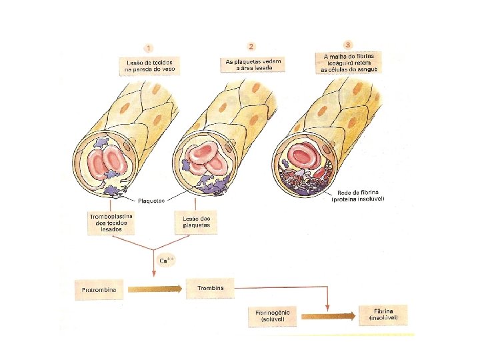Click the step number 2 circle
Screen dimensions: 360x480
(251, 46)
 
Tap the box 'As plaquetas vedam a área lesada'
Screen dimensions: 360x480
(253, 64)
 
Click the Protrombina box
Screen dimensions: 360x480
(100, 290)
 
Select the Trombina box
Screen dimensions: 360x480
(210, 288)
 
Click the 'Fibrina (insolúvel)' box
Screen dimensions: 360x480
(383, 315)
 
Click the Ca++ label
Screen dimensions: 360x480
(166, 259)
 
